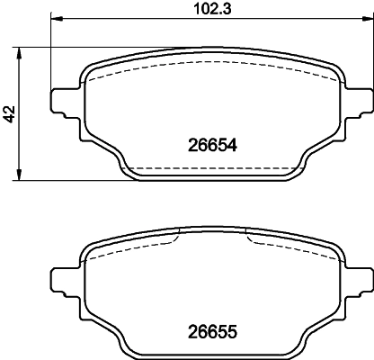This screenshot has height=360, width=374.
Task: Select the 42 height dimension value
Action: pos(10,113)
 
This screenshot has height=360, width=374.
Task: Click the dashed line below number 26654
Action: pos(210,168)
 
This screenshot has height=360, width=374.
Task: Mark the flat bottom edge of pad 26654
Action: pos(210,179)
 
